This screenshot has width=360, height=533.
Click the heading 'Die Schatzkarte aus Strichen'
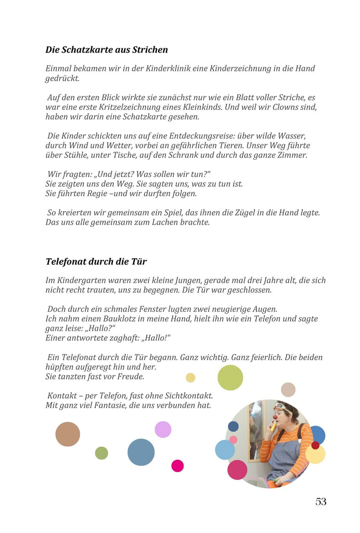point(107,50)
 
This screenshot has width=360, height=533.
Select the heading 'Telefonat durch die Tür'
point(96,261)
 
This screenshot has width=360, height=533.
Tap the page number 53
point(321,502)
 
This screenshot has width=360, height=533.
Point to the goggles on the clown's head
point(281,407)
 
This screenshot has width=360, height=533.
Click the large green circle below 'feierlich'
point(230,377)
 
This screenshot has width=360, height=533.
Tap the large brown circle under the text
point(68,434)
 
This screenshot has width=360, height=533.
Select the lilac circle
point(163,429)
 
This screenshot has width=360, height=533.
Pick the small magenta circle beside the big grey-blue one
point(177,465)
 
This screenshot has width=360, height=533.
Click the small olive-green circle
point(101,453)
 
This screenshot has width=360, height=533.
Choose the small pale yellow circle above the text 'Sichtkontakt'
point(190,377)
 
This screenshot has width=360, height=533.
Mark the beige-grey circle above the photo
point(288,389)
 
